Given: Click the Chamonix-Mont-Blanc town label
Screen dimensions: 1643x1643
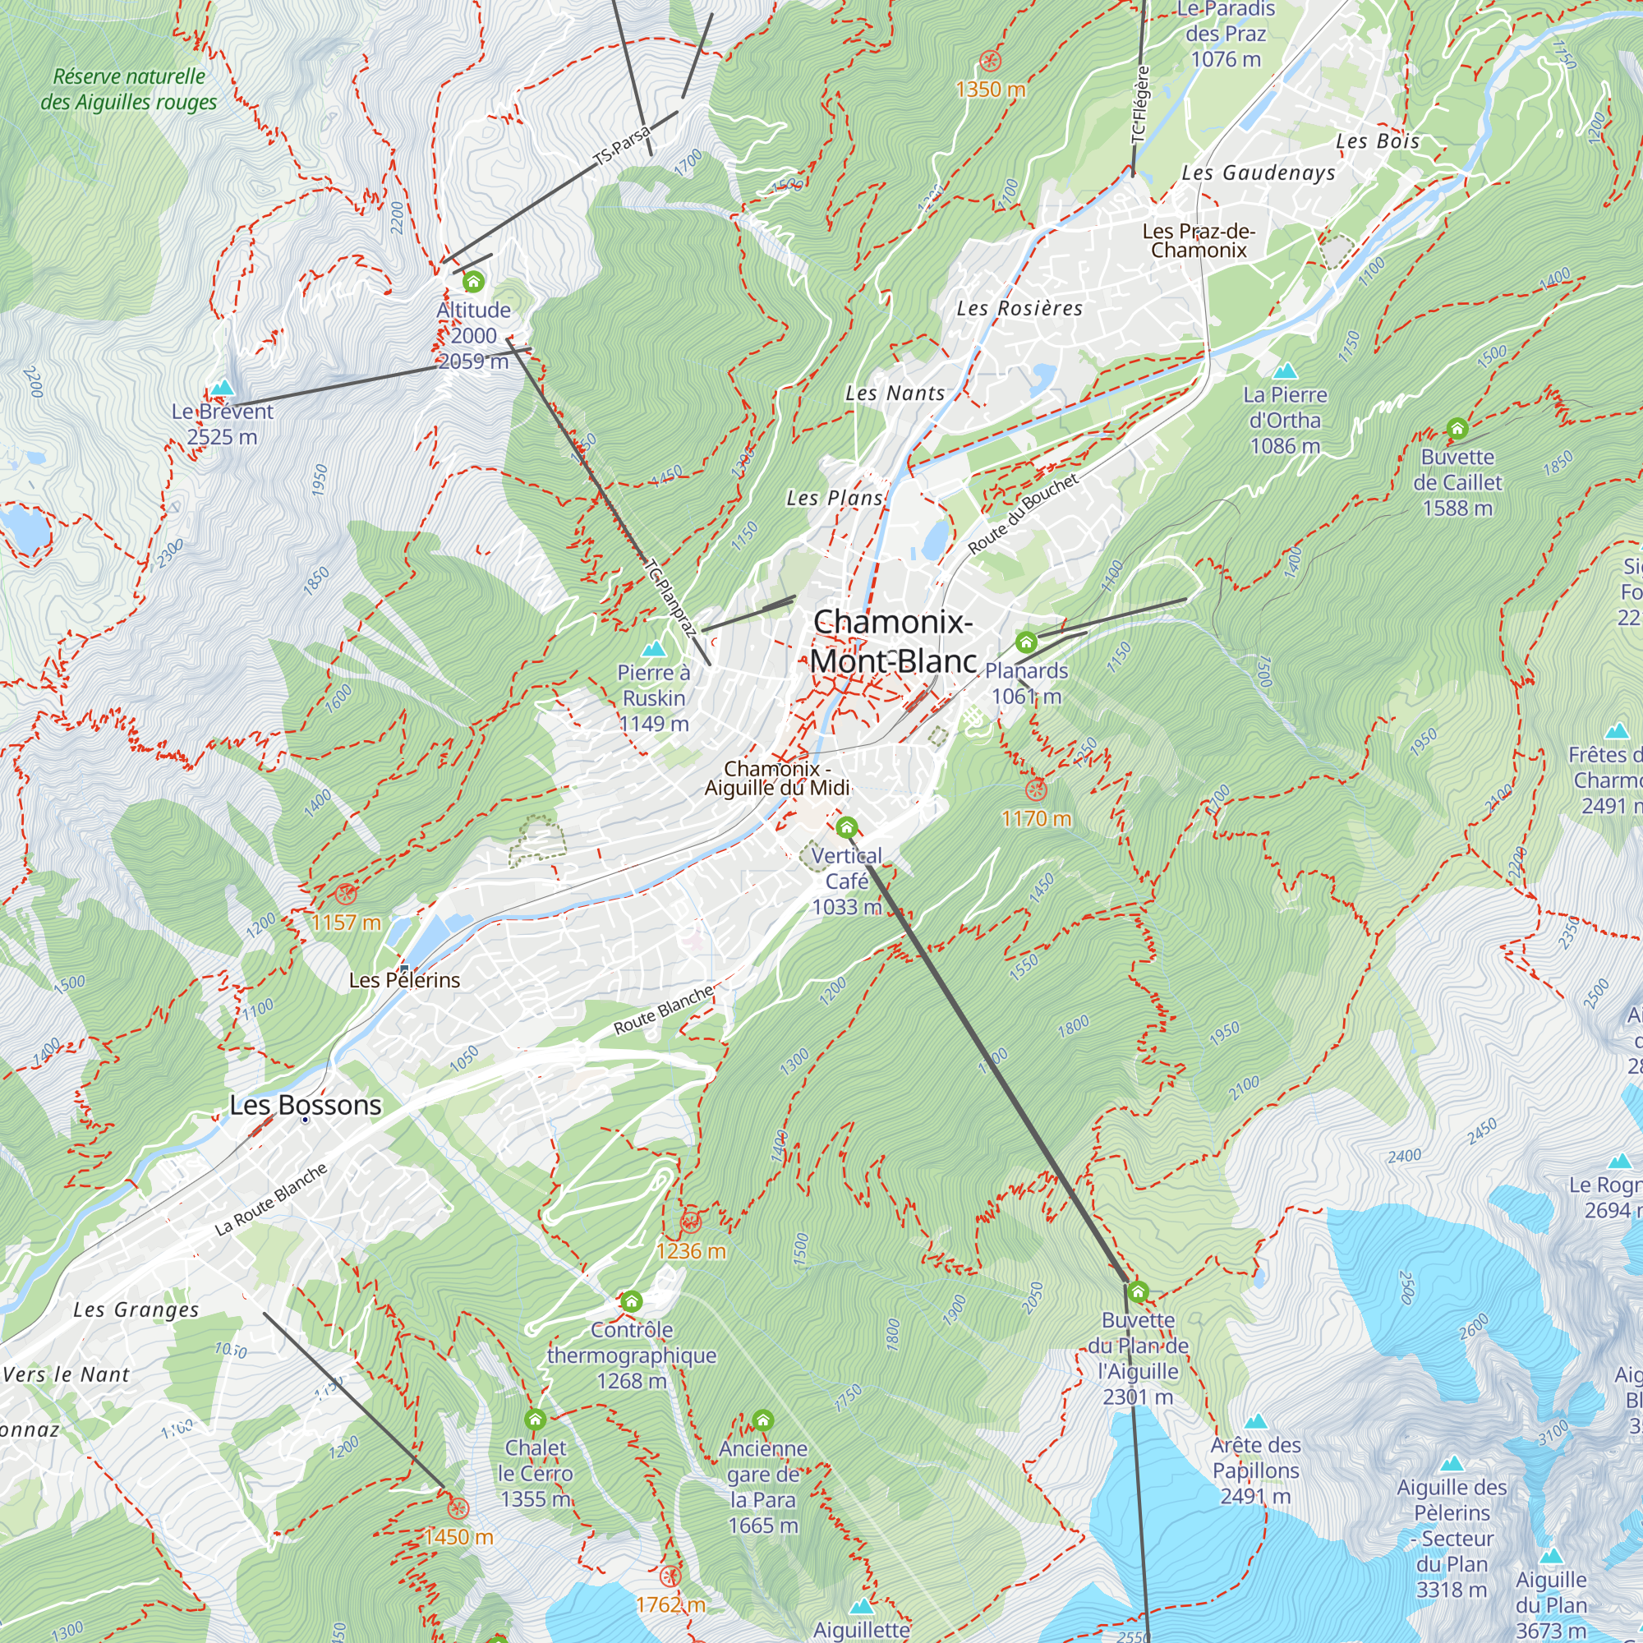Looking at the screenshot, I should pyautogui.click(x=892, y=642).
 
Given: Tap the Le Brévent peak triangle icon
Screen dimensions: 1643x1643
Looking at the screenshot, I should pyautogui.click(x=222, y=388).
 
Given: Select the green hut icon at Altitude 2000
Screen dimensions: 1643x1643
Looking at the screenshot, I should pyautogui.click(x=473, y=281).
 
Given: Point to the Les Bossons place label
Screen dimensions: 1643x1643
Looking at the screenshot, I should pyautogui.click(x=306, y=1105).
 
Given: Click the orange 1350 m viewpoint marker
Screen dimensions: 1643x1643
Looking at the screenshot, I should pyautogui.click(x=990, y=60).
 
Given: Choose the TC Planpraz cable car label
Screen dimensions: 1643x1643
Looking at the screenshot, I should pyautogui.click(x=671, y=598).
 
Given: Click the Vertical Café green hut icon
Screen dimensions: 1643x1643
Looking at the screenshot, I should pyautogui.click(x=846, y=827).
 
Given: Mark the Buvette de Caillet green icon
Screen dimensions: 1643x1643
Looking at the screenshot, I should pyautogui.click(x=1457, y=428).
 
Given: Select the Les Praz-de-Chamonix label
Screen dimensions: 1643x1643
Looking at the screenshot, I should pyautogui.click(x=1199, y=241).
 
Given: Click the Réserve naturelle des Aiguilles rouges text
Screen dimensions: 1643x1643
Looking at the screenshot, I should pyautogui.click(x=128, y=90).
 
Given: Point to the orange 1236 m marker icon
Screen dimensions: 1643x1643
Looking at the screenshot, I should pyautogui.click(x=691, y=1223).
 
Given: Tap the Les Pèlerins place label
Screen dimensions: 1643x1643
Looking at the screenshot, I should pyautogui.click(x=404, y=981).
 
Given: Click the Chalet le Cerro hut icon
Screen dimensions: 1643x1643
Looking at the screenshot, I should pyautogui.click(x=535, y=1420).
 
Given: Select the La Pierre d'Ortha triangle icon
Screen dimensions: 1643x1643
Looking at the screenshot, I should pyautogui.click(x=1285, y=370).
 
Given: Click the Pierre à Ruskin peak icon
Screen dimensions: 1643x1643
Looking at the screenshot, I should pyautogui.click(x=653, y=650).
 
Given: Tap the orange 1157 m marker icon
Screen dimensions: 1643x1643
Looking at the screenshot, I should pyautogui.click(x=344, y=894).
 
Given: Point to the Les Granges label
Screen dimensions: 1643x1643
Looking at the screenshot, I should pyautogui.click(x=136, y=1309).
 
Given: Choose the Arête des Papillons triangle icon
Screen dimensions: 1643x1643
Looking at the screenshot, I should pyautogui.click(x=1255, y=1421).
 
